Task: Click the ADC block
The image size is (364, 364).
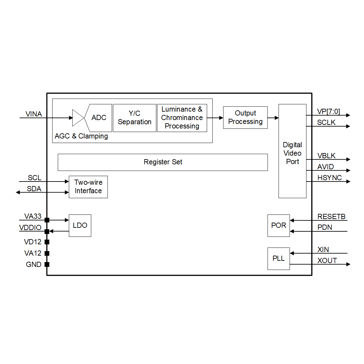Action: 99,118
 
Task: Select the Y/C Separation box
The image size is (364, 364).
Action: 135,118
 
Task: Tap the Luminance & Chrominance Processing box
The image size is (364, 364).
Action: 182,118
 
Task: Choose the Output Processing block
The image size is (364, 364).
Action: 245,117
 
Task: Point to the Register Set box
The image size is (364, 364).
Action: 163,162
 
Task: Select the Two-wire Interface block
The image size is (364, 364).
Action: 88,187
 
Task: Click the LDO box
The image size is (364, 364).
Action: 80,226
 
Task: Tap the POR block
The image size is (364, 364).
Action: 279,226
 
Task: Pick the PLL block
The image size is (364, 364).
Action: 279,259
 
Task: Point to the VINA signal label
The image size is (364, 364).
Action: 34,114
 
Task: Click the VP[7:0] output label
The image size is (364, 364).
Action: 328,112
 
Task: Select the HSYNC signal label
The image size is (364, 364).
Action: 329,178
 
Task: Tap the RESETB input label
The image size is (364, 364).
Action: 331,216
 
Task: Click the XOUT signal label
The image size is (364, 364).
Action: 327,260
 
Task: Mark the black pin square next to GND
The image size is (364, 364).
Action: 47,264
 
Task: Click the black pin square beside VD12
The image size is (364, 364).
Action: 47,242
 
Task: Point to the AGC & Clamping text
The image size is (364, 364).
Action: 81,136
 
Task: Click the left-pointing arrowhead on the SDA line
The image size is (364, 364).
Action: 18,193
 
